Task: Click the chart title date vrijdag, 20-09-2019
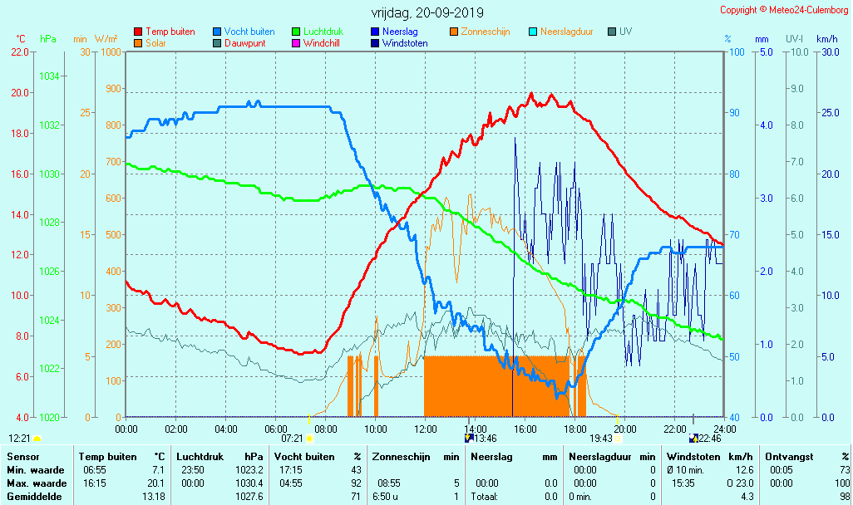click(427, 12)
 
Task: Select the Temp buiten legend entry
click(170, 32)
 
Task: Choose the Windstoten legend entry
click(405, 43)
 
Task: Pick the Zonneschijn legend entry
click(485, 32)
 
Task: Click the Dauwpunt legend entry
click(244, 43)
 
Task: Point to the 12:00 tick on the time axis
click(426, 429)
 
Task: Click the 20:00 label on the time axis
click(624, 429)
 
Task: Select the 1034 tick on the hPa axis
click(49, 76)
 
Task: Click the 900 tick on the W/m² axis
click(109, 89)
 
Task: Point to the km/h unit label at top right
click(826, 39)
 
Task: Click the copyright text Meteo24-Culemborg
click(784, 10)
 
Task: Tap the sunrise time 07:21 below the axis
click(292, 439)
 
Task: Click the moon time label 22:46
click(709, 439)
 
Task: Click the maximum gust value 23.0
click(744, 483)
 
